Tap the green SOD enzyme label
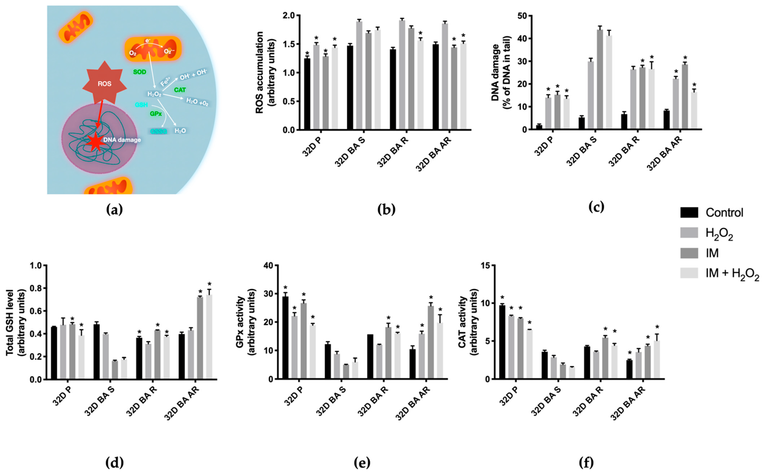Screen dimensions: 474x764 [140, 72]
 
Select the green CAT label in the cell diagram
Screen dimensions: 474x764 [180, 90]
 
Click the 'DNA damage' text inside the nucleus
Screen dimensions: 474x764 [122, 140]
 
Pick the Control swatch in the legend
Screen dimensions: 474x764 [689, 213]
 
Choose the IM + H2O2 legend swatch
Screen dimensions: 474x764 [689, 273]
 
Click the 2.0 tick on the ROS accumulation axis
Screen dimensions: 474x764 [289, 15]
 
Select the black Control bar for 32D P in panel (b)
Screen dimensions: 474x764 [307, 94]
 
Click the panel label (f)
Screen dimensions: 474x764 [586, 462]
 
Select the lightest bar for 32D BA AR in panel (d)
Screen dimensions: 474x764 [209, 337]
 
